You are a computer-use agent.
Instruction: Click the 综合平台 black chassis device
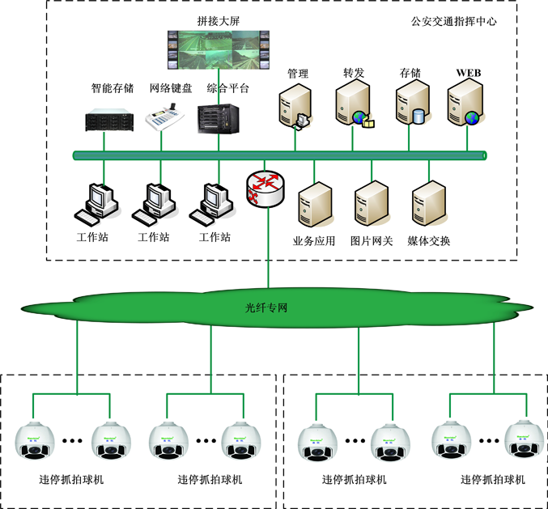point(219,118)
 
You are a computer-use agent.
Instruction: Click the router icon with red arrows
point(266,189)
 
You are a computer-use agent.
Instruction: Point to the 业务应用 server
point(315,205)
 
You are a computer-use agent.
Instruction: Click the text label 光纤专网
point(267,308)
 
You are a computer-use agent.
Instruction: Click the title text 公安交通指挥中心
point(454,22)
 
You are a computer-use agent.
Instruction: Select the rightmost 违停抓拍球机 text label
point(493,479)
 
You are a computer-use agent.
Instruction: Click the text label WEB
point(469,73)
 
